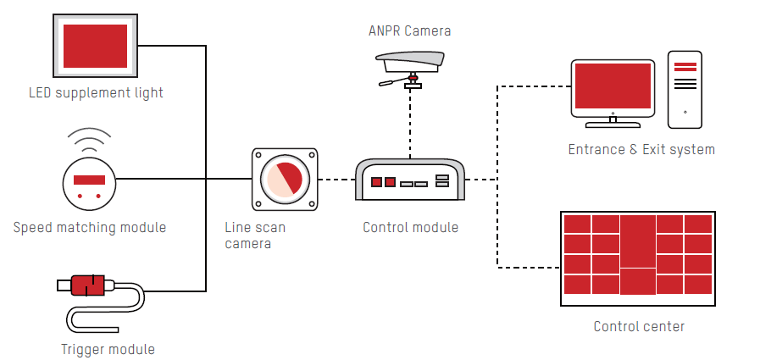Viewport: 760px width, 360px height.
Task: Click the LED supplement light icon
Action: pyautogui.click(x=96, y=46)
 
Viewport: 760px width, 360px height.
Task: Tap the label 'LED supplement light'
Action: pyautogui.click(x=96, y=92)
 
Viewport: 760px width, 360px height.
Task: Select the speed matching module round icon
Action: pyautogui.click(x=88, y=180)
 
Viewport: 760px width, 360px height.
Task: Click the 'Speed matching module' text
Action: pyautogui.click(x=90, y=227)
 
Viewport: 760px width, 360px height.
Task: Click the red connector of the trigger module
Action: pyautogui.click(x=87, y=285)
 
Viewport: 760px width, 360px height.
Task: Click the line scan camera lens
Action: pyautogui.click(x=285, y=180)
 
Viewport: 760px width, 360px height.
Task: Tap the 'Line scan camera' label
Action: pyautogui.click(x=254, y=235)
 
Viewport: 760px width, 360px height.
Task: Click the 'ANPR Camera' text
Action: pyautogui.click(x=410, y=31)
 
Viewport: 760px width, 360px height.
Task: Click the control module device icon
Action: pyautogui.click(x=410, y=180)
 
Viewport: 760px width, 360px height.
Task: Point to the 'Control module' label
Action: pyautogui.click(x=410, y=227)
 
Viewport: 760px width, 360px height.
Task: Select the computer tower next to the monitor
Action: pyautogui.click(x=685, y=90)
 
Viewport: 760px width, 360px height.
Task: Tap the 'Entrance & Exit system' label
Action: pyautogui.click(x=641, y=150)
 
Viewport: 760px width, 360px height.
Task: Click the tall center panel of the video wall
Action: pyautogui.click(x=638, y=241)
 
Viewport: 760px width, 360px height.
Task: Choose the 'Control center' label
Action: pyautogui.click(x=639, y=326)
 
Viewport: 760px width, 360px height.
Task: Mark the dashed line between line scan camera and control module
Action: pyautogui.click(x=336, y=180)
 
